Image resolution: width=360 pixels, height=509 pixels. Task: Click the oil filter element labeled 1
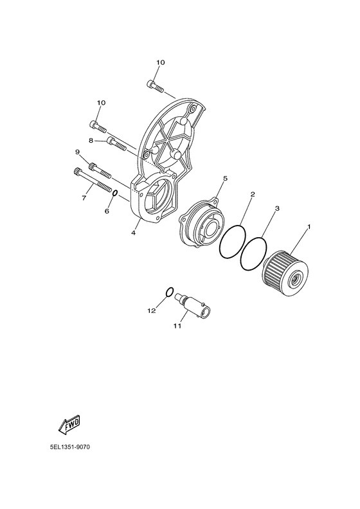[x=285, y=273]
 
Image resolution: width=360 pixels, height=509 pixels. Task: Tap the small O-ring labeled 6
[x=114, y=193]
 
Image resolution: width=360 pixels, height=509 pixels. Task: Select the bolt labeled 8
[x=116, y=145]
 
